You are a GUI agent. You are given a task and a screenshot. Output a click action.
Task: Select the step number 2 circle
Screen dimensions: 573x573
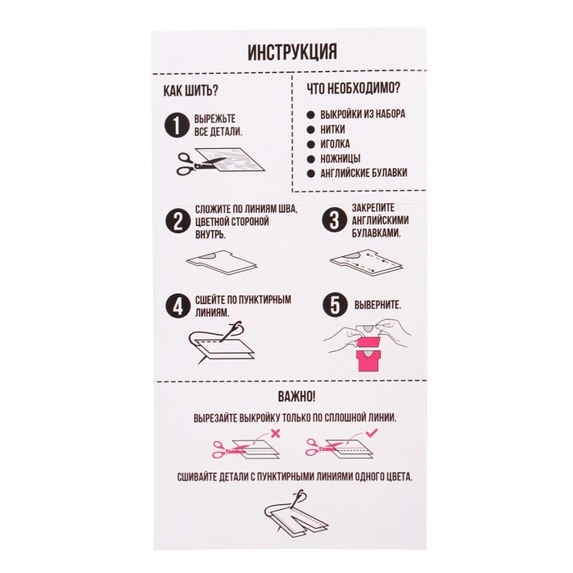tap(175, 220)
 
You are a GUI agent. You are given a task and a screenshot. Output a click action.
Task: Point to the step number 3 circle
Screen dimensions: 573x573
tap(332, 219)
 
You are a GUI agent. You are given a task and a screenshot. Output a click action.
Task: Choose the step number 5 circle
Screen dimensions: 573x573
tap(332, 305)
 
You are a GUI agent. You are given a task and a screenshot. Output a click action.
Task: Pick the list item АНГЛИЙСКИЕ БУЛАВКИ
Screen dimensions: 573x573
tap(364, 173)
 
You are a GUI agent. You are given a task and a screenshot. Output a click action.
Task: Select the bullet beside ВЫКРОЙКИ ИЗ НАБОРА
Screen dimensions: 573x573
tap(312, 115)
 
